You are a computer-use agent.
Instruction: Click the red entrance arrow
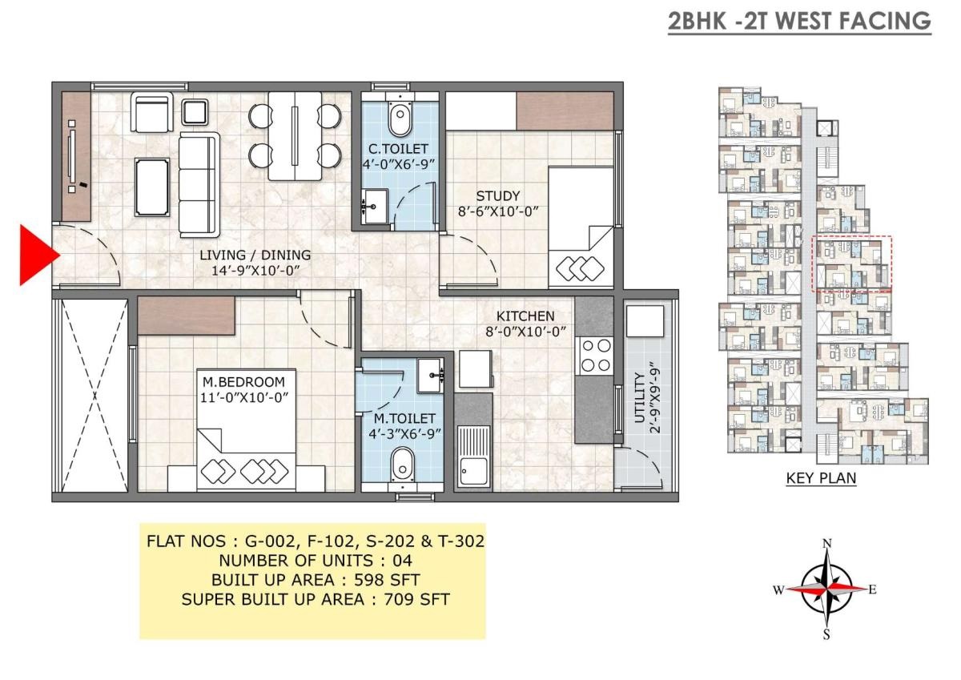[37, 255]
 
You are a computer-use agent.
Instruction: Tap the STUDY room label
[497, 196]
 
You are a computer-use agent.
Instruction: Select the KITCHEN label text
[525, 316]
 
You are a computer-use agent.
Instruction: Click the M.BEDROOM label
[243, 382]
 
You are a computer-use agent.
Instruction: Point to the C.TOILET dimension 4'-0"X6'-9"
[399, 165]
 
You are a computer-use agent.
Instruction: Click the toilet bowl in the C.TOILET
[400, 116]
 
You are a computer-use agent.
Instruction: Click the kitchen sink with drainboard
[472, 456]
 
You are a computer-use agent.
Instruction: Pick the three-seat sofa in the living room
[199, 184]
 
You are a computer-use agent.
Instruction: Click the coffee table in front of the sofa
[152, 187]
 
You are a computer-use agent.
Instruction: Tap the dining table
[296, 136]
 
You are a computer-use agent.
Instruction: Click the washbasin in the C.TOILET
[375, 207]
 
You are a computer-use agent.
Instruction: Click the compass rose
[826, 589]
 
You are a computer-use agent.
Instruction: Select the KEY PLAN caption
[821, 477]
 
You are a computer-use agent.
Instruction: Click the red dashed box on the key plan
[851, 264]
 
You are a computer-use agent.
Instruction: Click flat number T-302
[461, 541]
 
